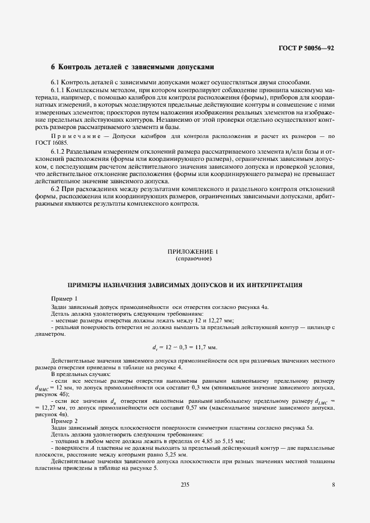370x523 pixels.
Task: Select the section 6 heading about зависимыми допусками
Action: coord(133,66)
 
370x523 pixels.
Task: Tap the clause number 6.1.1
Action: coord(59,90)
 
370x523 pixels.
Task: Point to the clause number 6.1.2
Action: coord(59,152)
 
